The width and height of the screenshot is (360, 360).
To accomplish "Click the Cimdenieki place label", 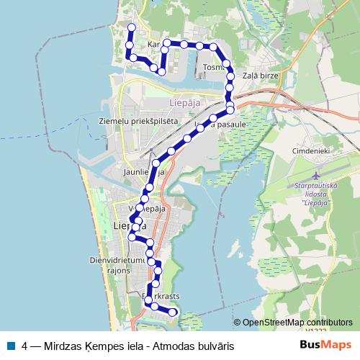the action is (310, 151).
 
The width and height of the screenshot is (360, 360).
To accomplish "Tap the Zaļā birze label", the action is (257, 75).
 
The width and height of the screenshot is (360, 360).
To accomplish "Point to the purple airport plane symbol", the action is (318, 176).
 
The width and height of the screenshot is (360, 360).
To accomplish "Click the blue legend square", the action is (10, 346).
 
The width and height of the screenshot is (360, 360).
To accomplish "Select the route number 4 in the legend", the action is (25, 346).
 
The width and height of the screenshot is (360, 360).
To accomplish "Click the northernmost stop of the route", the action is (131, 27).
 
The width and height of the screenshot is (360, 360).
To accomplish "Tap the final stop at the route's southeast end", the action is (174, 312).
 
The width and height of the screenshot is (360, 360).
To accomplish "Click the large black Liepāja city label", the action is (130, 227).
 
